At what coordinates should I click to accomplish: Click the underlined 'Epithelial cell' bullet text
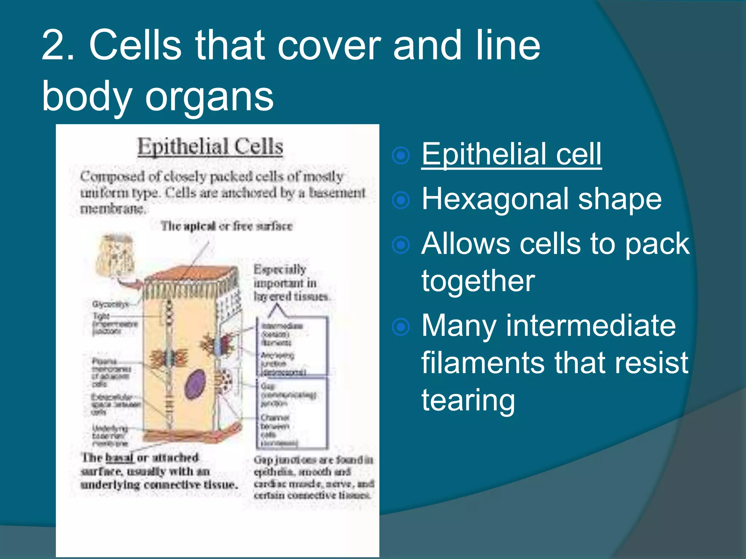(x=511, y=154)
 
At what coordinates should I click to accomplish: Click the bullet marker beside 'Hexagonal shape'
(x=401, y=200)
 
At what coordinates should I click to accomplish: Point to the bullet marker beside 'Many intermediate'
(x=401, y=326)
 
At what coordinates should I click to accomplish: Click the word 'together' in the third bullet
(x=478, y=281)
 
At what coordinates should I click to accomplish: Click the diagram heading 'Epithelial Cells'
(x=210, y=147)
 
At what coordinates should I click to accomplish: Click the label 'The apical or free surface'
(x=227, y=226)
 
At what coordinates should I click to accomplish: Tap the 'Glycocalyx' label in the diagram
(x=110, y=304)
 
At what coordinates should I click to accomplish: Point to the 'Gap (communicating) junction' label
(x=288, y=395)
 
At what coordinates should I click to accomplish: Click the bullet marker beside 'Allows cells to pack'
(x=401, y=245)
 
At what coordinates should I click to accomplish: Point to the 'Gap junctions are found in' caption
(x=313, y=460)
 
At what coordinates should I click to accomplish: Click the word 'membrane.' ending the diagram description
(x=113, y=209)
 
